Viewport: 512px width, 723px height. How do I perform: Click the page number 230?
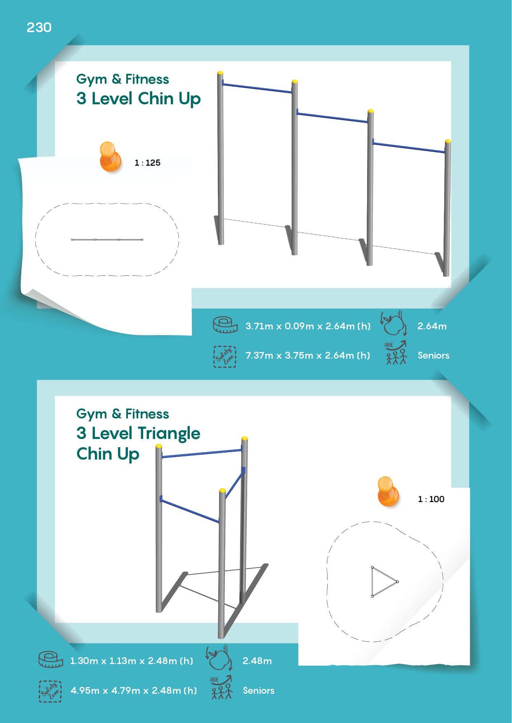39,28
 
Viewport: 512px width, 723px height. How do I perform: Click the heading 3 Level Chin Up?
139,99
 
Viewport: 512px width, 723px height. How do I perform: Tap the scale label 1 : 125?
147,163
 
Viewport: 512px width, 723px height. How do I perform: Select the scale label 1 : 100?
431,499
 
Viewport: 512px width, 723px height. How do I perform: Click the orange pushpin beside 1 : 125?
111,157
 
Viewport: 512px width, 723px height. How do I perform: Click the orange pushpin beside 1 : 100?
388,491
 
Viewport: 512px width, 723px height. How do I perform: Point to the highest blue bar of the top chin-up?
257,88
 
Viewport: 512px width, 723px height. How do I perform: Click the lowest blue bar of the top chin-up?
409,147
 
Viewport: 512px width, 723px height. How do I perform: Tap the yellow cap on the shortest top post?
448,141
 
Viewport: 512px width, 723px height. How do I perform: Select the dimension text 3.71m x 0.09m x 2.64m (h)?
308,326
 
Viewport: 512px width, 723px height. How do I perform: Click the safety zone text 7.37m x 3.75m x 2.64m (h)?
308,355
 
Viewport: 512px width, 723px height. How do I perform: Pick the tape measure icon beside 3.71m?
225,325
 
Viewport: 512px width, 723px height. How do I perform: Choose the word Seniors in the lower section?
259,690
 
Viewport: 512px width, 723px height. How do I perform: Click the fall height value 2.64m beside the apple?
432,326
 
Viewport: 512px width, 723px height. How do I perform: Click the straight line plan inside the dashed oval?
107,239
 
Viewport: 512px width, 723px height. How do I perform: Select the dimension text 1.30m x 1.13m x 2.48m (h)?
132,661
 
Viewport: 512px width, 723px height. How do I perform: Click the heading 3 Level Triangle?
139,434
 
